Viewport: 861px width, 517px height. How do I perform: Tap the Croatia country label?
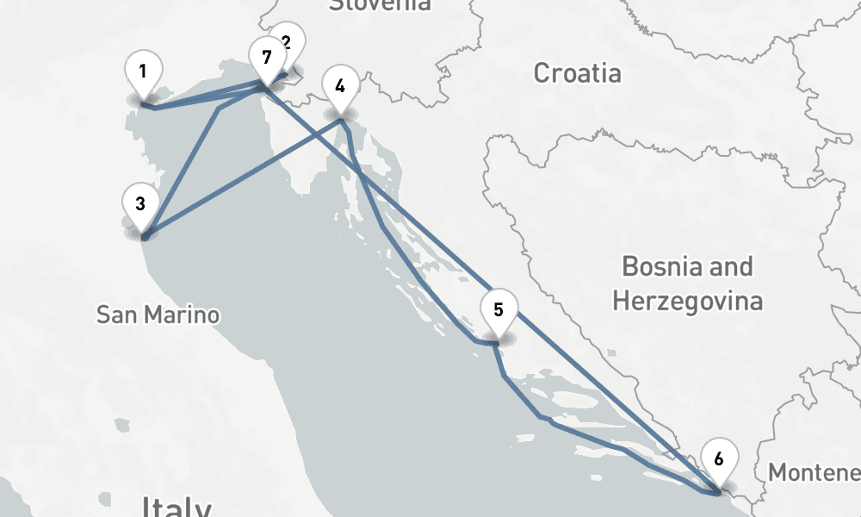[577, 73]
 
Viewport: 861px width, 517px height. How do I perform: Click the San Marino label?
[158, 315]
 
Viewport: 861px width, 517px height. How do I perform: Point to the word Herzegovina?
[687, 302]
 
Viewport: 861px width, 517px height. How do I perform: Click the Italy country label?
[177, 507]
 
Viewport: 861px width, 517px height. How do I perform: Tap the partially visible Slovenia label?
[380, 5]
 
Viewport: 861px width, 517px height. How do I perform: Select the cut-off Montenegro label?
[814, 473]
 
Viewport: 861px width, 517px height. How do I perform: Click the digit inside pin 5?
[498, 308]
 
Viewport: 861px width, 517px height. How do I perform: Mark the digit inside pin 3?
[139, 204]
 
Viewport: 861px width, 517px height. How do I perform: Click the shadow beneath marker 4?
[340, 115]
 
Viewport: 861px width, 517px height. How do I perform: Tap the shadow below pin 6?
[719, 487]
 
